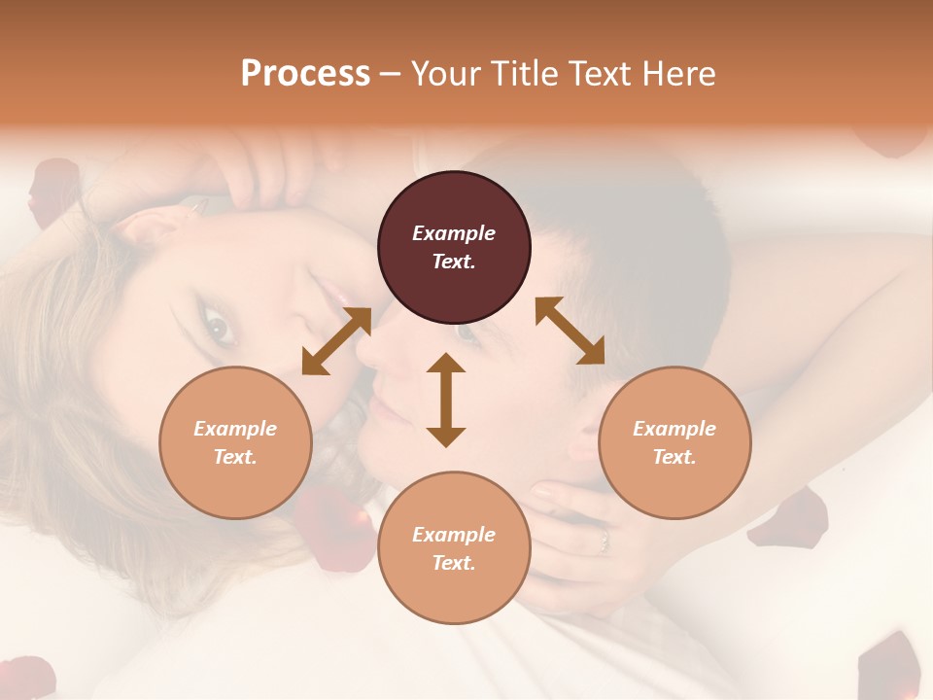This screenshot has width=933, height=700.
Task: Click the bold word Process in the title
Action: tap(305, 74)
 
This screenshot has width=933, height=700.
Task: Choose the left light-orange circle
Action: tap(235, 442)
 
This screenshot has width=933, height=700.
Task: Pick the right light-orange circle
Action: tap(674, 442)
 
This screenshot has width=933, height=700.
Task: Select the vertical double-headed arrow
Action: tap(446, 400)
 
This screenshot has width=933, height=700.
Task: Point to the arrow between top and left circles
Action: tap(336, 340)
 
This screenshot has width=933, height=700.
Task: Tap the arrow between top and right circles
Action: tap(570, 331)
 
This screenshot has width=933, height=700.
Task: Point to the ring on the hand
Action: tap(604, 538)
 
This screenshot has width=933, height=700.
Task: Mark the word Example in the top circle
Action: tap(454, 233)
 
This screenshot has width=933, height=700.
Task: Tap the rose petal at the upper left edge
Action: tap(53, 190)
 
